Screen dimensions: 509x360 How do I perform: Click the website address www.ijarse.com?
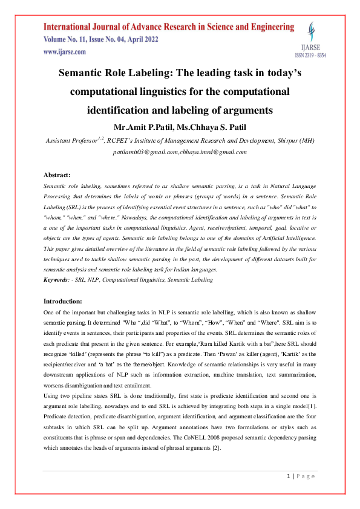[x=64, y=52]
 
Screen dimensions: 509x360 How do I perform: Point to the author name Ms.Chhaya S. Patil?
[x=218, y=128]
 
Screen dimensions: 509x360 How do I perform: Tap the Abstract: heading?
[x=57, y=175]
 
